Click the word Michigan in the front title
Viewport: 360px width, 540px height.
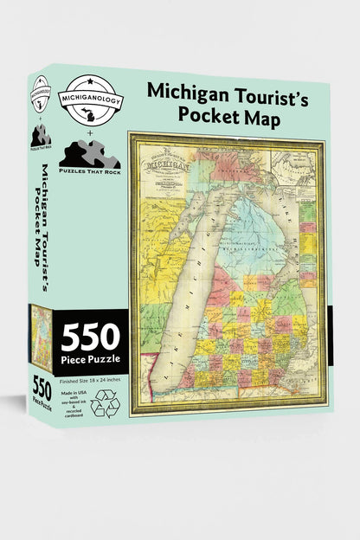click(x=189, y=90)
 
